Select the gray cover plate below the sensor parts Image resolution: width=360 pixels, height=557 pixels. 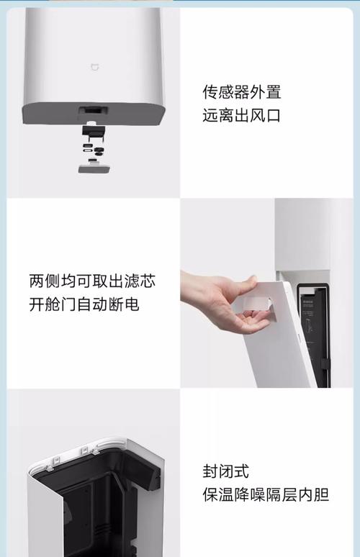point(94,168)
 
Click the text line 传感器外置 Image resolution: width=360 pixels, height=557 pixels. point(241,92)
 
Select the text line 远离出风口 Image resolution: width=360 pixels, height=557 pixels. point(241,115)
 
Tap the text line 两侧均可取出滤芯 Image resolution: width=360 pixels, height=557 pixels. point(92,281)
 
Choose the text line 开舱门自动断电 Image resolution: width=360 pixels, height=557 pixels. point(84,304)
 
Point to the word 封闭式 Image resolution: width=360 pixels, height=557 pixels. point(225,471)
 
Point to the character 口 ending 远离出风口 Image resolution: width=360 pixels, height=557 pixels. point(273,115)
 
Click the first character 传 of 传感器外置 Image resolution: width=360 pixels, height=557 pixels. point(210,92)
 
